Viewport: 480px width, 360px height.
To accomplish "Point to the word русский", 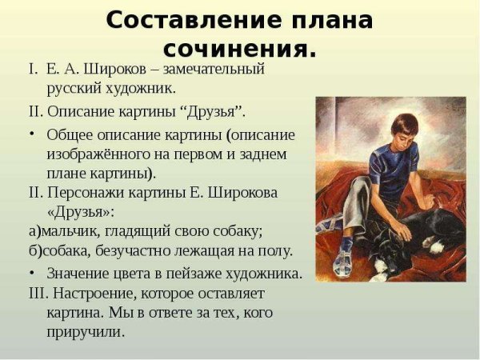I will click(x=79, y=88).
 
